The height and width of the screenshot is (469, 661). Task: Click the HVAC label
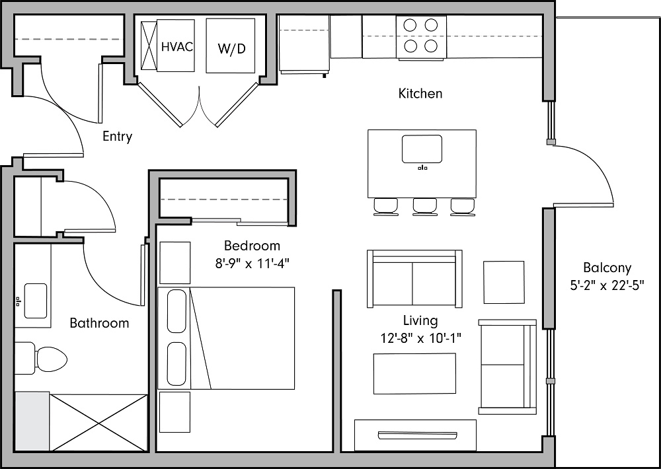point(176,47)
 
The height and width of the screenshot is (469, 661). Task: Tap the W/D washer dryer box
point(230,46)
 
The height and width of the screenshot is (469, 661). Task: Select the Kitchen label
point(420,94)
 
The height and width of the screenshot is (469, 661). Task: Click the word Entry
point(117,137)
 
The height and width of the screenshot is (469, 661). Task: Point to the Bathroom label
point(99,323)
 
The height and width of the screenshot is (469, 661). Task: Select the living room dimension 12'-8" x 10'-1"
point(420,338)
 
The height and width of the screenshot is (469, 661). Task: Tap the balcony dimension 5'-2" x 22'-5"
point(606,285)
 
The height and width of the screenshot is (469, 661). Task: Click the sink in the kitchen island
point(422,149)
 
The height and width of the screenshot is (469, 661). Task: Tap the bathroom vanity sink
point(35,297)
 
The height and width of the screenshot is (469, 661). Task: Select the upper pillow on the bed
point(176,310)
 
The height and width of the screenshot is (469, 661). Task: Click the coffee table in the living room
point(414,373)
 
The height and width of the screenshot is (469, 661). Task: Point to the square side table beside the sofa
point(504,282)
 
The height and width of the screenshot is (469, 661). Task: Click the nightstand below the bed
point(175,412)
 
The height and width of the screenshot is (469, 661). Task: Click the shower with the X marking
point(98,423)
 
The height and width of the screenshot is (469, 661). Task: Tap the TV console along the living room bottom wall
point(415,435)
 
